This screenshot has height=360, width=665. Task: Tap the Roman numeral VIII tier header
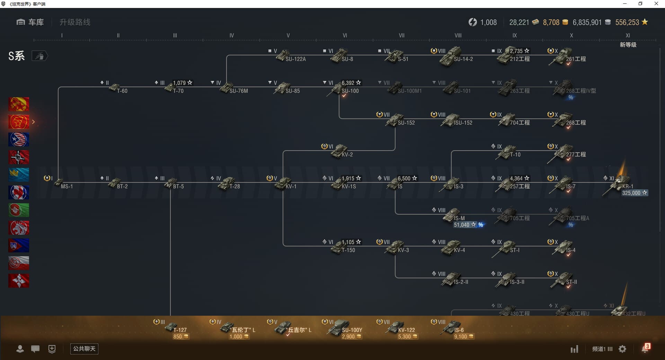tap(458, 35)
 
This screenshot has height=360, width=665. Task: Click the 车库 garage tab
tap(30, 22)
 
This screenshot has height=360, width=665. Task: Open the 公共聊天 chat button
tap(84, 349)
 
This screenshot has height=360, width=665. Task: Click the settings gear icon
tap(622, 349)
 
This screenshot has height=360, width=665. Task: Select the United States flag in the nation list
tap(19, 139)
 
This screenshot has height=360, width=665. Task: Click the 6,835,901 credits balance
tap(587, 22)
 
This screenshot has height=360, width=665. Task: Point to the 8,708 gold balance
tap(551, 22)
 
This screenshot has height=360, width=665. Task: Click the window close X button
tap(656, 4)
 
